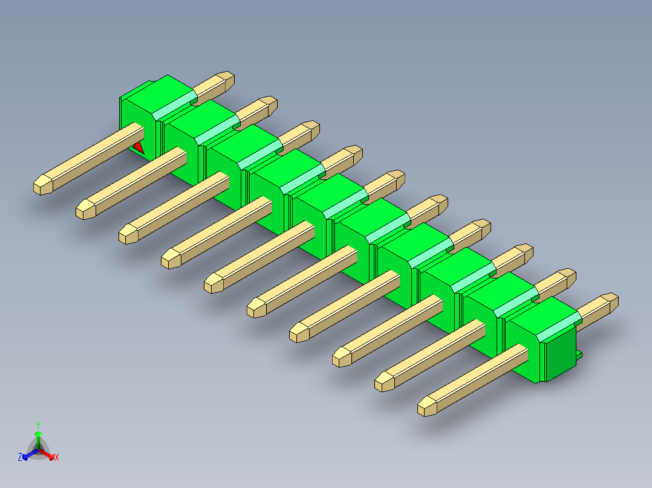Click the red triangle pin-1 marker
click(139, 148)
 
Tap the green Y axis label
click(38, 425)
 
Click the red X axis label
click(57, 457)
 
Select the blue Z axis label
click(20, 457)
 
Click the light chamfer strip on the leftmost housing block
click(175, 106)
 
